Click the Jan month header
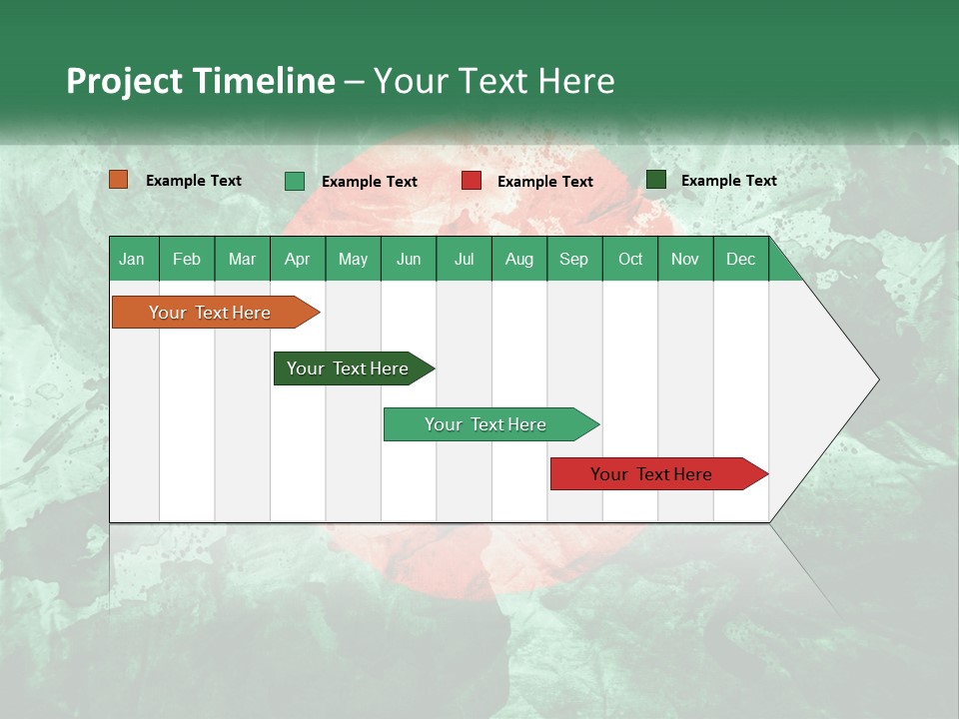[133, 259]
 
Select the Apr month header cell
[297, 259]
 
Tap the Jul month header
[464, 259]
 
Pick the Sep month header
[573, 259]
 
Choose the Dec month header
[740, 259]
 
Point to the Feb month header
[187, 259]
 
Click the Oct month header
[630, 259]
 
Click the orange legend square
[119, 180]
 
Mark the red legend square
[472, 181]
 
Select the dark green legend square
[656, 180]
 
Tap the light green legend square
[295, 181]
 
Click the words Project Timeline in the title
[200, 81]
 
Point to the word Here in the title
[575, 81]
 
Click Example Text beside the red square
[544, 181]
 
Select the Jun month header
[409, 259]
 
